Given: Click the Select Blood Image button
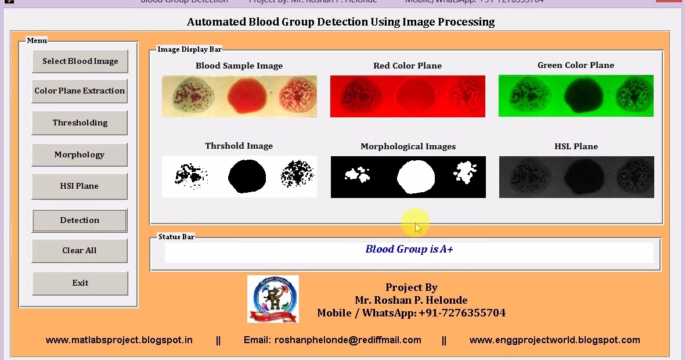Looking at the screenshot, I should click(x=80, y=61).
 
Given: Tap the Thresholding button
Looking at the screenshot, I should click(x=80, y=123).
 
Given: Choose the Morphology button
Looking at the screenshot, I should click(x=80, y=154).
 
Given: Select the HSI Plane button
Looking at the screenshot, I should click(x=80, y=186).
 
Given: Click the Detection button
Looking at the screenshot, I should click(x=80, y=220).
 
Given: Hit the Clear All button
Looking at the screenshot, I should click(x=80, y=250).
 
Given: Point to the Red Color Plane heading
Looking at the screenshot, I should click(x=408, y=66).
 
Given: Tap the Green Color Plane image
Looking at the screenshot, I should click(x=576, y=96).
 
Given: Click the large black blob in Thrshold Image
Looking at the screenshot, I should click(x=247, y=176).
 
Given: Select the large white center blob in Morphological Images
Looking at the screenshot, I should click(x=415, y=177).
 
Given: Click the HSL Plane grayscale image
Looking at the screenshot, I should click(x=576, y=177).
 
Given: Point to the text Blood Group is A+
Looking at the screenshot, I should click(x=409, y=249).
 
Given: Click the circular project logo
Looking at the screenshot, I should click(x=273, y=298).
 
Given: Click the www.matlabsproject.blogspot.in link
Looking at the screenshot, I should click(x=119, y=340).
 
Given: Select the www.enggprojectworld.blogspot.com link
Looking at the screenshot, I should click(x=554, y=340).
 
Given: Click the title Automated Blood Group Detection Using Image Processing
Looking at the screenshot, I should click(x=341, y=22).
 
